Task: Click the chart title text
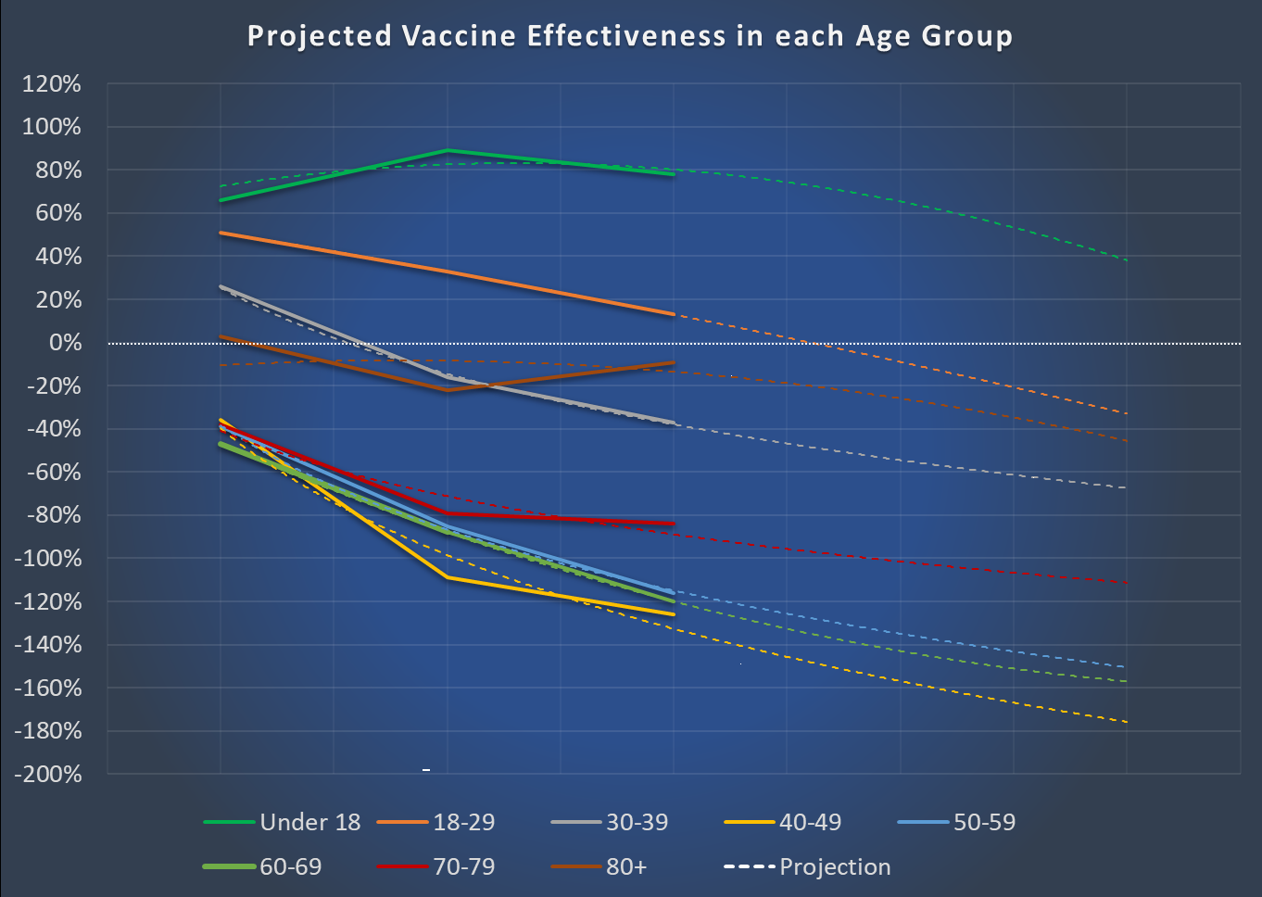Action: [x=630, y=36]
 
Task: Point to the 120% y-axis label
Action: [x=52, y=84]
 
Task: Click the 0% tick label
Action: [x=65, y=343]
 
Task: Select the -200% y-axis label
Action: [x=47, y=774]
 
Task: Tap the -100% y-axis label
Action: [x=47, y=559]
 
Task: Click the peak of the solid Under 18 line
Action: [x=448, y=150]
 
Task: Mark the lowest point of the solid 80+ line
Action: [x=448, y=390]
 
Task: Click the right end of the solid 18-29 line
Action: [x=674, y=314]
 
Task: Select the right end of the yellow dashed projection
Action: [x=1126, y=722]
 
